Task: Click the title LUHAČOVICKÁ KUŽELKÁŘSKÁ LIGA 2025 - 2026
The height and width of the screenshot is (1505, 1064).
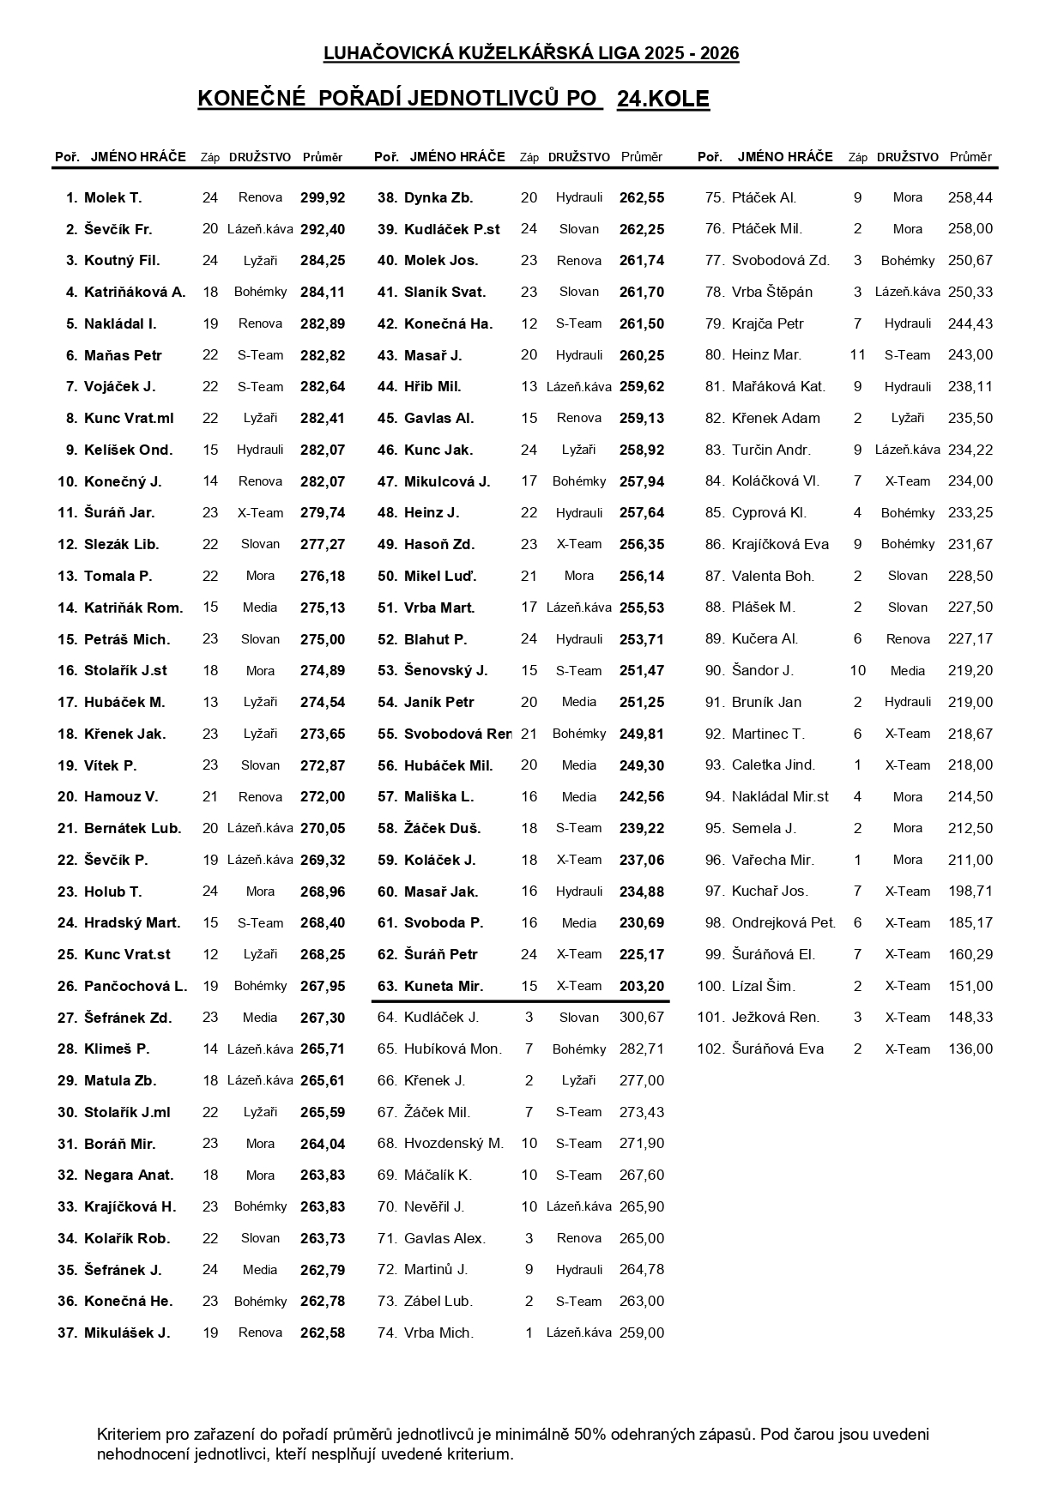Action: pyautogui.click(x=531, y=53)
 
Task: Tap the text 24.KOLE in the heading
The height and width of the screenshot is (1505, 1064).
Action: pyautogui.click(x=662, y=100)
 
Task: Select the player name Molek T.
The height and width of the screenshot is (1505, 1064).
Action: pyautogui.click(x=112, y=197)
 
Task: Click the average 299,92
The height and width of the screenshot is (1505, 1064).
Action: pyautogui.click(x=323, y=197)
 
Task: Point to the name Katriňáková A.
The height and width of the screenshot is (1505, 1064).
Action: pyautogui.click(x=135, y=292)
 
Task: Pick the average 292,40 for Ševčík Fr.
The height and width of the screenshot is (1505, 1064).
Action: pyautogui.click(x=323, y=229)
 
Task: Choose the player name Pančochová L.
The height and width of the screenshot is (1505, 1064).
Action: pyautogui.click(x=136, y=986)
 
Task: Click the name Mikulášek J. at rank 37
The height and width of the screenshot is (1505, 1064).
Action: pyautogui.click(x=127, y=1333)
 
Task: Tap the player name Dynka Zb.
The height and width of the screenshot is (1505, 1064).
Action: pyautogui.click(x=438, y=197)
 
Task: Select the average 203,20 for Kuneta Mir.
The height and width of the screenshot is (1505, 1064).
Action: pyautogui.click(x=642, y=986)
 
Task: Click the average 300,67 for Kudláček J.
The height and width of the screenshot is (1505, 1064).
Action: pyautogui.click(x=642, y=1018)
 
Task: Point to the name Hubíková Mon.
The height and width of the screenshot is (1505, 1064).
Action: pyautogui.click(x=453, y=1049)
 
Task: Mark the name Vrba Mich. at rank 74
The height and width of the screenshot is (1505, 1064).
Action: pyautogui.click(x=438, y=1333)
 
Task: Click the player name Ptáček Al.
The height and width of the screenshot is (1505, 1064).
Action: pyautogui.click(x=764, y=197)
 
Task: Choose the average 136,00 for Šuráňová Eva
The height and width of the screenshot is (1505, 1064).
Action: pyautogui.click(x=970, y=1049)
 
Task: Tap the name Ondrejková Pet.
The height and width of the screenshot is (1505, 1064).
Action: pyautogui.click(x=783, y=922)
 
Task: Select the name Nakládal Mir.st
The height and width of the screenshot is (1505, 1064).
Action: pyautogui.click(x=780, y=796)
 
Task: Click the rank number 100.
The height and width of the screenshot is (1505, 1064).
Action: pyautogui.click(x=710, y=986)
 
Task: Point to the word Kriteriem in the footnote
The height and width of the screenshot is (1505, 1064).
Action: pyautogui.click(x=130, y=1434)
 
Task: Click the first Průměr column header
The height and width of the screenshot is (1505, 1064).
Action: pyautogui.click(x=323, y=157)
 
